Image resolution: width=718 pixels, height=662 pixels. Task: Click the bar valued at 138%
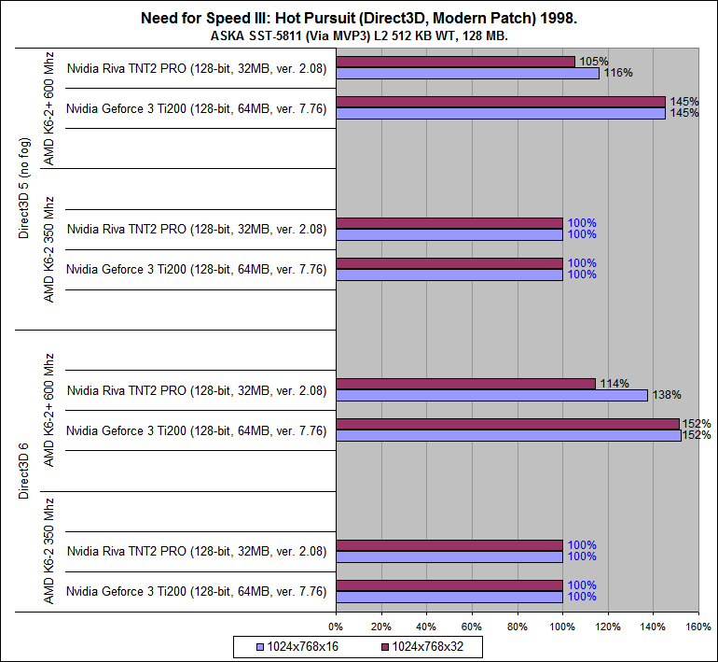coord(491,395)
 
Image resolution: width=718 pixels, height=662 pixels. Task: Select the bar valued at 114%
coord(465,384)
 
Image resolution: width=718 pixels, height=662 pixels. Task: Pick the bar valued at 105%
coord(455,62)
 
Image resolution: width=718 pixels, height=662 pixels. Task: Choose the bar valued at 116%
coord(467,73)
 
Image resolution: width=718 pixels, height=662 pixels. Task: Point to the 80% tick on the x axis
coord(518,627)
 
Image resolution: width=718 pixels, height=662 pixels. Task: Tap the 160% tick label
coord(697,627)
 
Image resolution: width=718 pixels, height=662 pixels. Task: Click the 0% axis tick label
coord(336,627)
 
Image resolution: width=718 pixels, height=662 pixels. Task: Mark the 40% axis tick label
coord(426,627)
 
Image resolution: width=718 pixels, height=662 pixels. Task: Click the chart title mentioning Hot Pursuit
coord(359,18)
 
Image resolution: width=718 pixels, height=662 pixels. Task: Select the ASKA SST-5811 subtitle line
coord(359,35)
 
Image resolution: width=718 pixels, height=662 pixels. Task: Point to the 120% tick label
coord(608,627)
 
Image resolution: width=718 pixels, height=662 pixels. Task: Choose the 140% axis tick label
coord(653,627)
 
